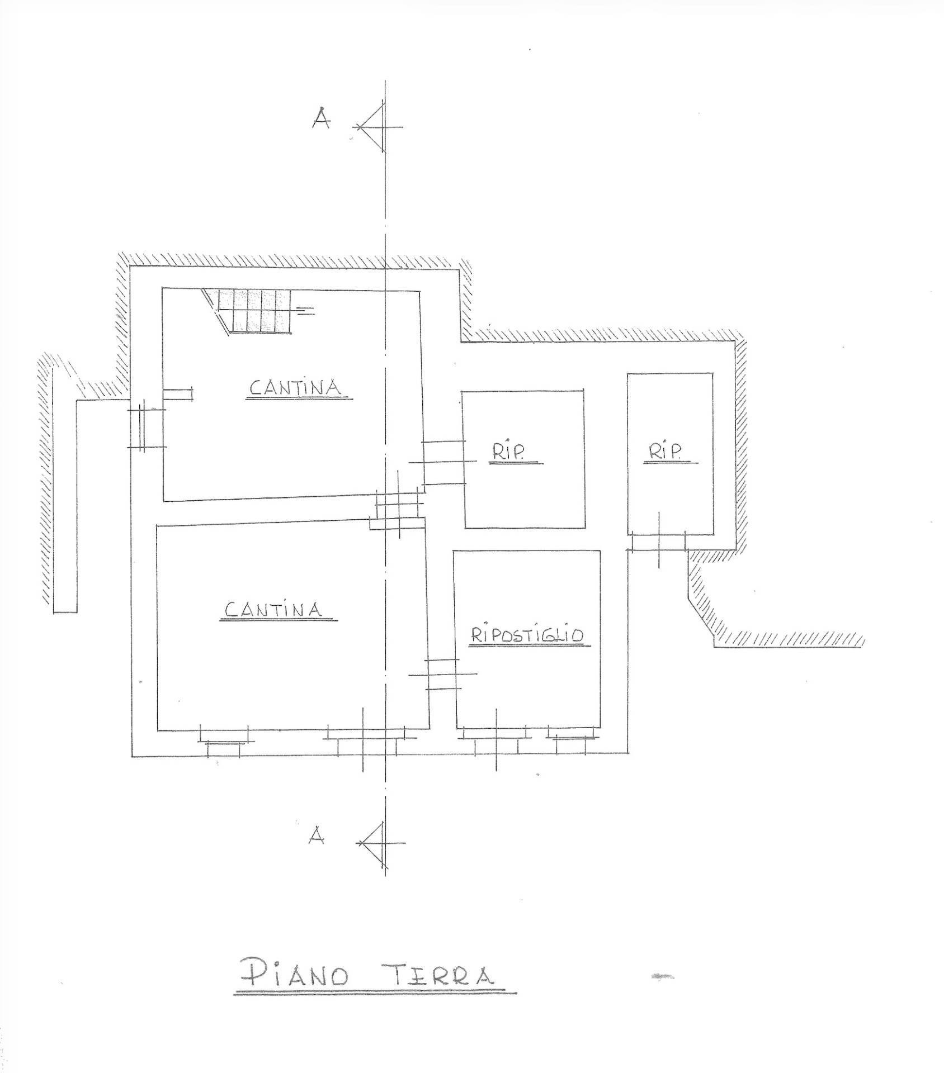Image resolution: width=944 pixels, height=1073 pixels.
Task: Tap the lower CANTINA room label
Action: tap(273, 609)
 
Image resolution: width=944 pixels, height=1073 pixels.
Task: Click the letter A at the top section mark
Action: tap(321, 118)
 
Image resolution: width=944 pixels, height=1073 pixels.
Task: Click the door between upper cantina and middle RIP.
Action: tap(443, 462)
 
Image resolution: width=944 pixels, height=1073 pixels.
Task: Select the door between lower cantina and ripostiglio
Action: tap(443, 675)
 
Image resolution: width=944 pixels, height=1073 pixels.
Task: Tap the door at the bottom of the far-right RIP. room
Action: tap(659, 541)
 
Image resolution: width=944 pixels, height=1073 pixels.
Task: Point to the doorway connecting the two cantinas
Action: tap(398, 505)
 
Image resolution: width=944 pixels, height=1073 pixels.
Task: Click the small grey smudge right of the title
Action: tap(663, 977)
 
